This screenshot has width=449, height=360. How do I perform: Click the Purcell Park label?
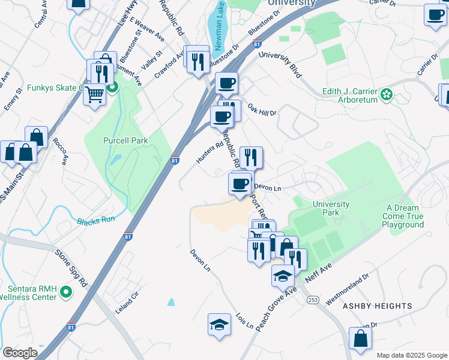click(x=125, y=140)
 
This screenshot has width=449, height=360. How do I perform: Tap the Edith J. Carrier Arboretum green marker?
click(x=387, y=94)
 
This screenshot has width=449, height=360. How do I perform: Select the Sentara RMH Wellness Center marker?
click(x=66, y=292)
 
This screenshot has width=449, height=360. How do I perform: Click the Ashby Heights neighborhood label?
click(x=377, y=306)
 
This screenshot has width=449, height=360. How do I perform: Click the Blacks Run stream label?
click(x=95, y=220)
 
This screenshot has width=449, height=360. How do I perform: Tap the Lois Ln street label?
click(x=244, y=320)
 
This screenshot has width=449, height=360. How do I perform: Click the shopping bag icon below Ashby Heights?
click(x=360, y=338)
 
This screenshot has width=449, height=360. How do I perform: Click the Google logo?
click(x=20, y=353)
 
